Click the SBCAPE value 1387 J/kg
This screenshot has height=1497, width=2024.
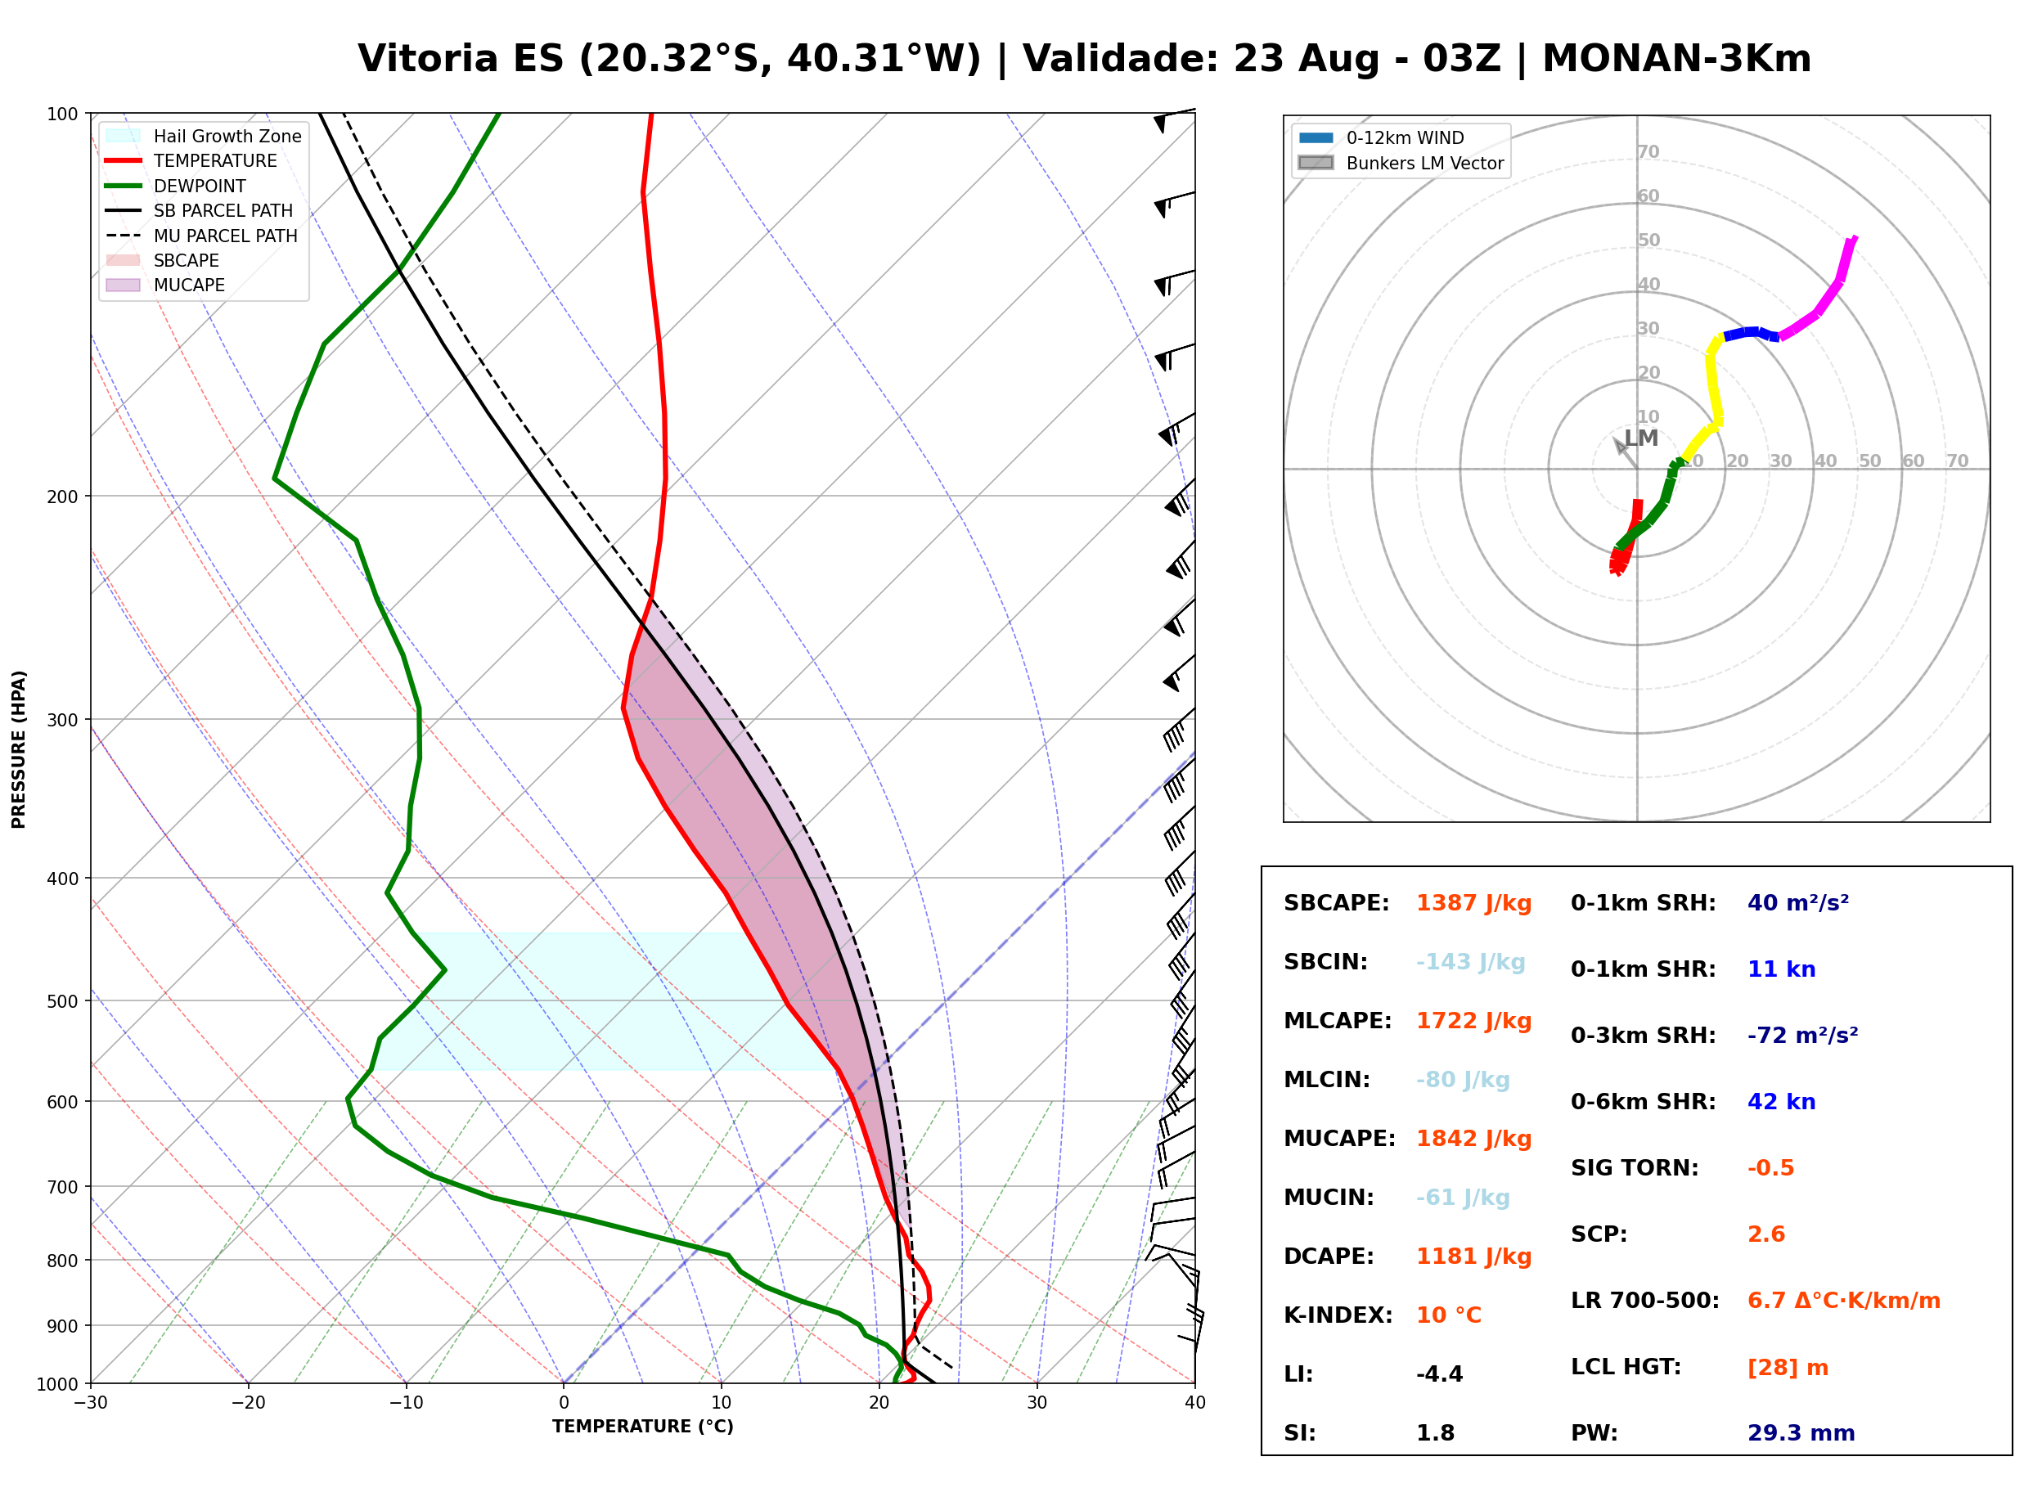(x=1474, y=903)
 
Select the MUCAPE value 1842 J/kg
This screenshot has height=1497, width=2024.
(x=1474, y=1139)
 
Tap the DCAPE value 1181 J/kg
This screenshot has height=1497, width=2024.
(x=1474, y=1256)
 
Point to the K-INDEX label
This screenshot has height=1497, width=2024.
(x=1338, y=1315)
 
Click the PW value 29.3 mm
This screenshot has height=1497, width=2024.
(x=1801, y=1433)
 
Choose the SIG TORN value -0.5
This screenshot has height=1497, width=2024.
(x=1771, y=1168)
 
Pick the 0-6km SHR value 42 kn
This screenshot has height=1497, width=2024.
(x=1782, y=1102)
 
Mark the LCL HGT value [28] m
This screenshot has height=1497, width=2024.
(x=1788, y=1368)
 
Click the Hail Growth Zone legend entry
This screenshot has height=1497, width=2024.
(x=204, y=136)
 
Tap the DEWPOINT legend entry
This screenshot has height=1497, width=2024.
(x=176, y=186)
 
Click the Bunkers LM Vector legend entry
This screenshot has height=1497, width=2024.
(x=1401, y=163)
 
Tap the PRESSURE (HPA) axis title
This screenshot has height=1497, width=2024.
(x=19, y=749)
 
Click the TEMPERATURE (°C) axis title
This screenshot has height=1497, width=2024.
(x=643, y=1427)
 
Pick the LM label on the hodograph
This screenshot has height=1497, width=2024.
(x=1641, y=438)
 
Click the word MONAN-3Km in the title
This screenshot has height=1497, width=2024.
(x=1676, y=59)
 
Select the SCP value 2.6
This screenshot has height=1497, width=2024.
(x=1766, y=1234)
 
